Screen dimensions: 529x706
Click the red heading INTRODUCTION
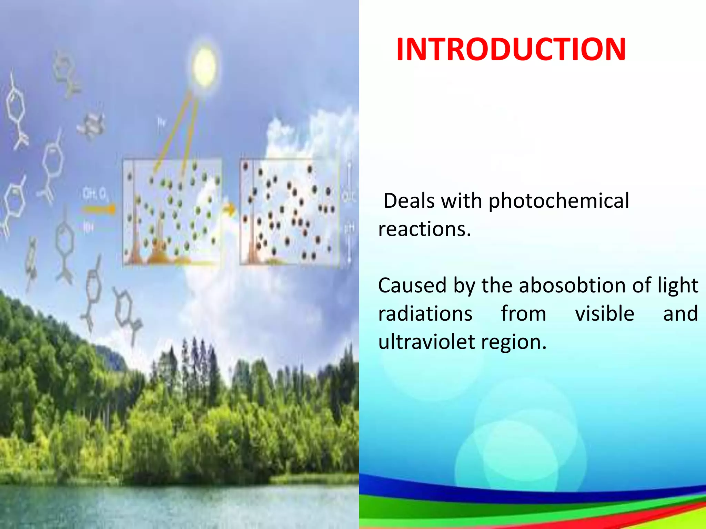pyautogui.click(x=511, y=50)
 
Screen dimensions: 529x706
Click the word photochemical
pyautogui.click(x=559, y=201)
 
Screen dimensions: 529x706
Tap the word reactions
pyautogui.click(x=424, y=229)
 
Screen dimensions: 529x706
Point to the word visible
pyautogui.click(x=604, y=314)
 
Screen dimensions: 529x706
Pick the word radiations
pyautogui.click(x=425, y=314)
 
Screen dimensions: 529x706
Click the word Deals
pyautogui.click(x=409, y=201)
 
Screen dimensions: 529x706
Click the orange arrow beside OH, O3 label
pyautogui.click(x=98, y=209)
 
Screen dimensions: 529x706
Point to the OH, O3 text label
pyautogui.click(x=94, y=195)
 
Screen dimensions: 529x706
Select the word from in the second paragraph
pyautogui.click(x=523, y=314)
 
